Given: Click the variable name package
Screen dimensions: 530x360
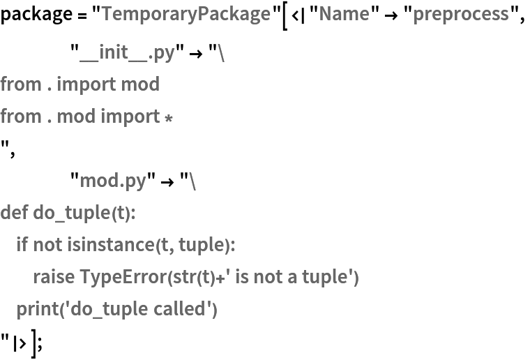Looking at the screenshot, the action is (36, 15).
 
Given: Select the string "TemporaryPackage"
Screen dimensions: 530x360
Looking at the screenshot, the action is (187, 15).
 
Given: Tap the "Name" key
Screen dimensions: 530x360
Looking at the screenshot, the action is (344, 13).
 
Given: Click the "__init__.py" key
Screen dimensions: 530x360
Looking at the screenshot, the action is (127, 53).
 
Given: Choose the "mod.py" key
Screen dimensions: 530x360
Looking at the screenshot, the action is (113, 181).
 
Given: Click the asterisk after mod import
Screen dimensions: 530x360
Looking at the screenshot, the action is (168, 119).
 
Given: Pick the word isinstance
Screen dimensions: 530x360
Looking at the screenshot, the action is (111, 244).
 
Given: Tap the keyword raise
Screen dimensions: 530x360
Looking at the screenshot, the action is (54, 276).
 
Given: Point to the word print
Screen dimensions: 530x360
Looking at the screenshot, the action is (38, 309).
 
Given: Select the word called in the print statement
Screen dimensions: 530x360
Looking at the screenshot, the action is (179, 308).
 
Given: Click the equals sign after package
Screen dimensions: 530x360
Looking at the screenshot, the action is (82, 15).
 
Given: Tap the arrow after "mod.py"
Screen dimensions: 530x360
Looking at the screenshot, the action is (167, 183).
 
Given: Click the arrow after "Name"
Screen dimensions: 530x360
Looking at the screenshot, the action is (391, 15).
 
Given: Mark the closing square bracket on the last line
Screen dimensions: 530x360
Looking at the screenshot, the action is (33, 343).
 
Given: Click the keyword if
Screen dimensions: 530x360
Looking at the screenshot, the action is (22, 244).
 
